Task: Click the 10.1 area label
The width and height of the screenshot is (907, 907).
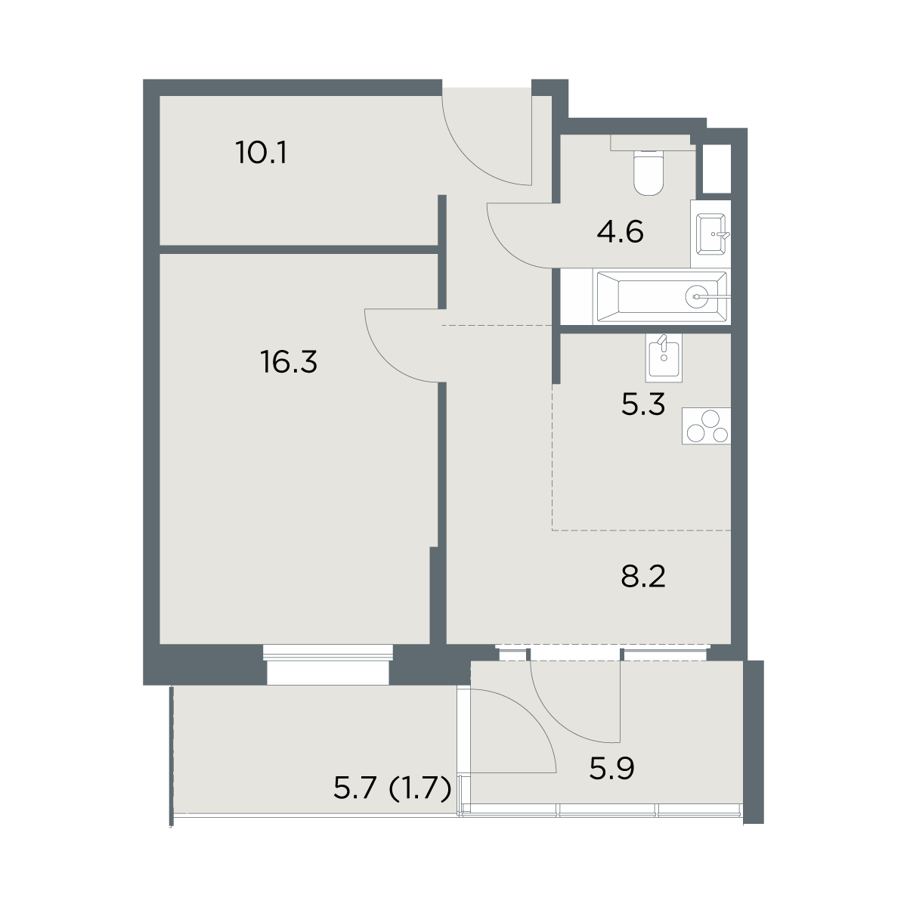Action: pyautogui.click(x=262, y=153)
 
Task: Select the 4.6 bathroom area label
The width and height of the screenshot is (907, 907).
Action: pyautogui.click(x=620, y=231)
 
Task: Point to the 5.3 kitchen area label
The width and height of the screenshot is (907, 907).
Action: pyautogui.click(x=643, y=404)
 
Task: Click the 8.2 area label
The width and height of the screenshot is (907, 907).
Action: pyautogui.click(x=643, y=577)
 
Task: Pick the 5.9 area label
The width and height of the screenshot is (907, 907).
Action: pyautogui.click(x=612, y=769)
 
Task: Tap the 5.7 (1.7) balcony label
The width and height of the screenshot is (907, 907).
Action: pyautogui.click(x=392, y=788)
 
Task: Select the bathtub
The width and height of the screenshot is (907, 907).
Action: pyautogui.click(x=662, y=297)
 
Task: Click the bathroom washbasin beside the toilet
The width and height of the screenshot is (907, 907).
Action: pyautogui.click(x=711, y=234)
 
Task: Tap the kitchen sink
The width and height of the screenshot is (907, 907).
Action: pyautogui.click(x=664, y=358)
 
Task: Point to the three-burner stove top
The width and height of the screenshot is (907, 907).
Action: pyautogui.click(x=707, y=426)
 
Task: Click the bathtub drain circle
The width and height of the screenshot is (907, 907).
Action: pyautogui.click(x=697, y=297)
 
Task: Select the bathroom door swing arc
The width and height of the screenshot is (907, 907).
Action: pyautogui.click(x=506, y=250)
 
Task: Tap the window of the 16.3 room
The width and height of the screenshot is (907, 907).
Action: pyautogui.click(x=328, y=664)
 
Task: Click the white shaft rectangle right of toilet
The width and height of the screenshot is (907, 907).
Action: pyautogui.click(x=717, y=169)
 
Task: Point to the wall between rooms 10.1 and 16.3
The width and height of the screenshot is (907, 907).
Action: pyautogui.click(x=299, y=249)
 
